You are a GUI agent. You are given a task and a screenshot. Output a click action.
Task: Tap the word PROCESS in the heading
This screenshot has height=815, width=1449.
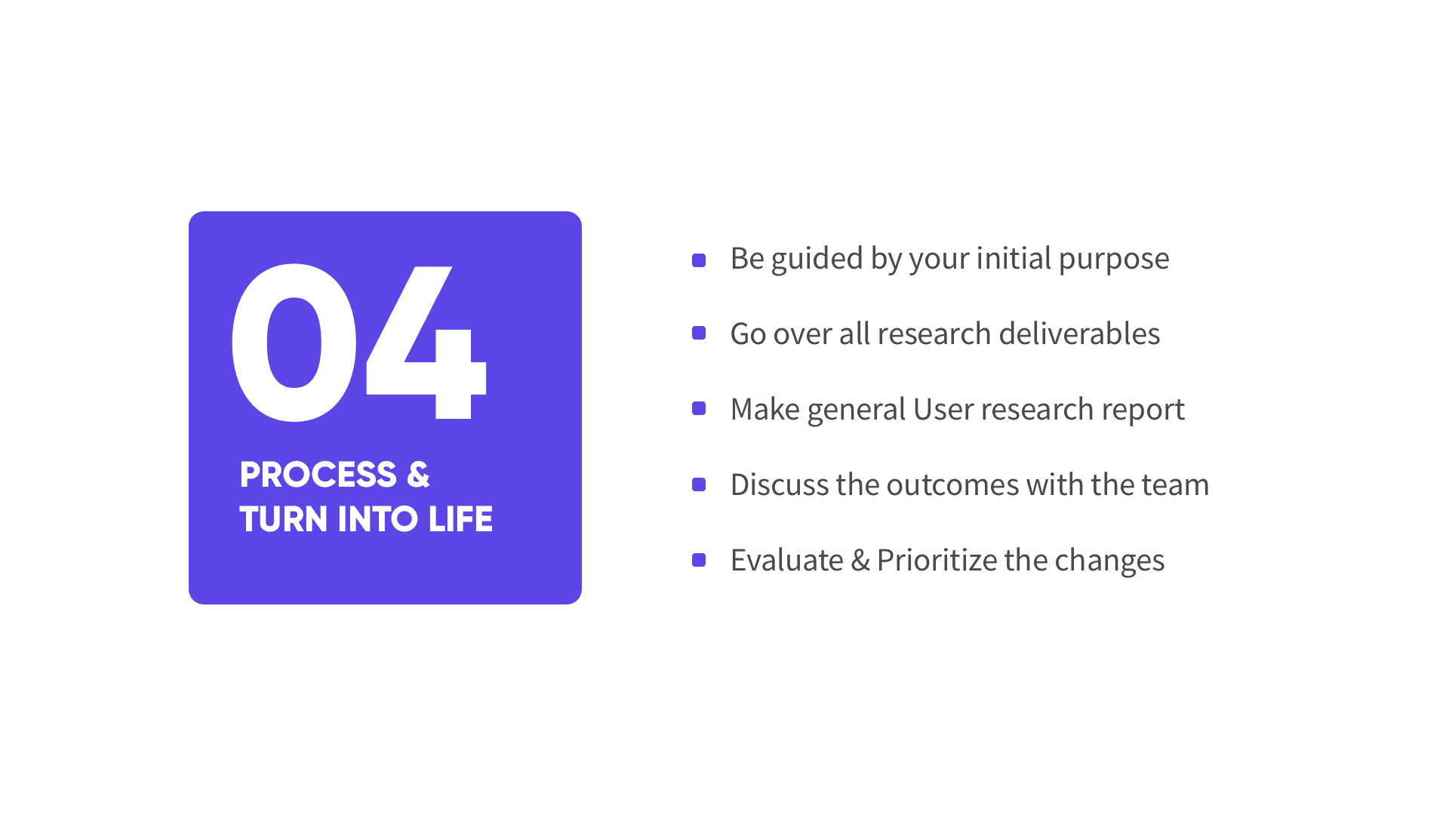coord(318,475)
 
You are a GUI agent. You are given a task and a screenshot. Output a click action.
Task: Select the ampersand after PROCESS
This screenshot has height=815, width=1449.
coord(418,475)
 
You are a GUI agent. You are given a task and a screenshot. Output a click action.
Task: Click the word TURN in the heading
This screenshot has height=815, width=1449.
coord(283,519)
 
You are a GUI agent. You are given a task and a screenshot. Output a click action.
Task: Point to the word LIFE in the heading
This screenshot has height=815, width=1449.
coord(460,519)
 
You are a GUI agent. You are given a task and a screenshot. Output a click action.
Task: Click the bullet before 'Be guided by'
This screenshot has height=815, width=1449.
coord(699,260)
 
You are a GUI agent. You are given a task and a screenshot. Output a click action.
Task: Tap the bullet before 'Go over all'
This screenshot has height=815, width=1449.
coord(699,333)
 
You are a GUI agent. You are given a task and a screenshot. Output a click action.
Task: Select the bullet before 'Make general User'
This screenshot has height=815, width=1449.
coord(699,408)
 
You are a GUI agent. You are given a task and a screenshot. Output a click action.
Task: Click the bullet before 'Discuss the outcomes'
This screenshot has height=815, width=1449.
coord(699,484)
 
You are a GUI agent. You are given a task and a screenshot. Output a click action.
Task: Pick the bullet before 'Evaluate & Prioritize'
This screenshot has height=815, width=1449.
coord(699,560)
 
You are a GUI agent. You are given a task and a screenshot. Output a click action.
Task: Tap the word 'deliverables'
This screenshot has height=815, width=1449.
coord(1079,333)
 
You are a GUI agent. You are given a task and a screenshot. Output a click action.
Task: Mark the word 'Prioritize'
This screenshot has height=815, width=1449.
coord(937,560)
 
